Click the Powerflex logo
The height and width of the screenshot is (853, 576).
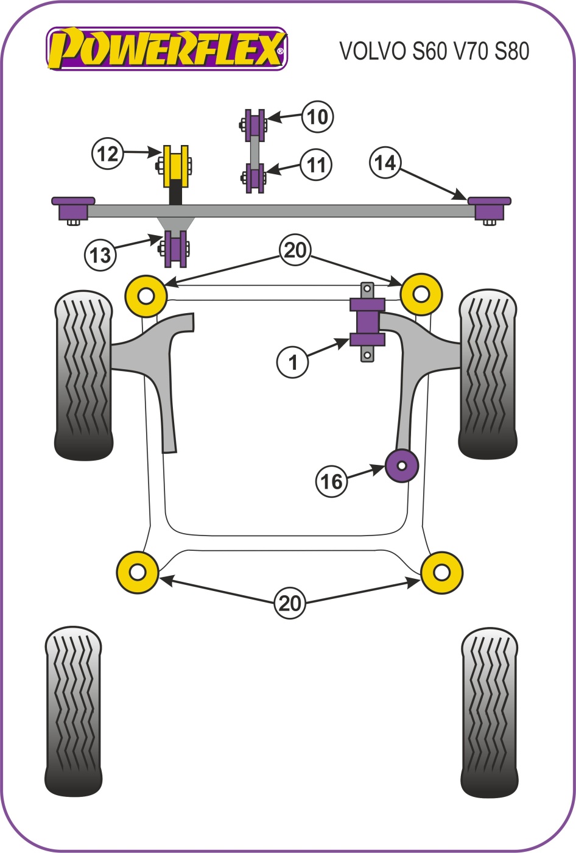click(166, 49)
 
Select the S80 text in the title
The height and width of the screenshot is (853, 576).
click(511, 51)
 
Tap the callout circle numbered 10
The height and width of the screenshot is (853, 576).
click(317, 116)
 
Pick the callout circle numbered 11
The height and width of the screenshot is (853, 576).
click(316, 165)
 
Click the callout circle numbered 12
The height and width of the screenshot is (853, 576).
click(107, 154)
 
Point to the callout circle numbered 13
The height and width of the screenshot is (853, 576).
click(100, 254)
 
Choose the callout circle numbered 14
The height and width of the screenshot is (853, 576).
click(385, 163)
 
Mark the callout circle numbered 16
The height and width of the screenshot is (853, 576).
click(331, 481)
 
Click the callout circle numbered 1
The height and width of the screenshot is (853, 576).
click(293, 362)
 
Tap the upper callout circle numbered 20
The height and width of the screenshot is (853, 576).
click(295, 250)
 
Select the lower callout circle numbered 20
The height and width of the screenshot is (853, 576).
click(290, 603)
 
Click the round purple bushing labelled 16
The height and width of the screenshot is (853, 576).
click(402, 465)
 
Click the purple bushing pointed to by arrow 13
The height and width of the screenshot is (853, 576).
click(176, 249)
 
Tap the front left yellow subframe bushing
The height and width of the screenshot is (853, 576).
click(146, 296)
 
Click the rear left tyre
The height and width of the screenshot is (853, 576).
click(74, 711)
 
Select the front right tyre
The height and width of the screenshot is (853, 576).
click(488, 373)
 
